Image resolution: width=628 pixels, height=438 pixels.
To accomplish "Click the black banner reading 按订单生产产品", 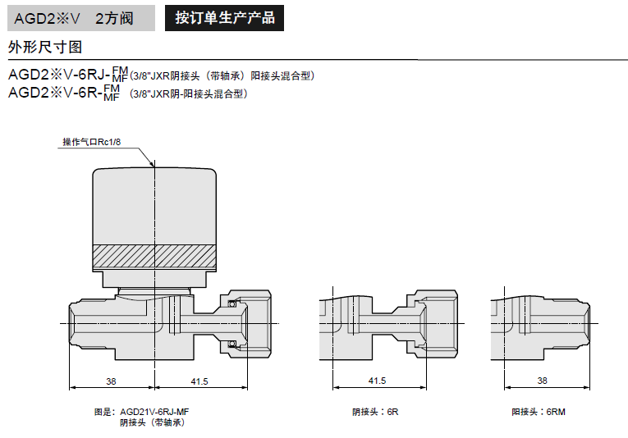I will pos(224,17).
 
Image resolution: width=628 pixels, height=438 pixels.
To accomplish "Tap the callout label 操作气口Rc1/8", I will pos(91,142).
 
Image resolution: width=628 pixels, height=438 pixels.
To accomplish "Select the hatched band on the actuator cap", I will pos(154,258).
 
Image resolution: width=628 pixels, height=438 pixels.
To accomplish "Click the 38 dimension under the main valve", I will pos(112,381).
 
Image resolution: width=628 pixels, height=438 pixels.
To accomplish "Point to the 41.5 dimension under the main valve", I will pos(199,381).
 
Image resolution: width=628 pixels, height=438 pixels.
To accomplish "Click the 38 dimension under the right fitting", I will pos(542,381).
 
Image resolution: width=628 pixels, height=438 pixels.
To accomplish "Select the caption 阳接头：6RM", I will pos(538,412).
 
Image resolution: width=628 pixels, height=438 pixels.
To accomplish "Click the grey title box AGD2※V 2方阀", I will pos(79,17).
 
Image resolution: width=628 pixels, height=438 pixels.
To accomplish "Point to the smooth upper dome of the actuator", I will pos(154,205).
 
